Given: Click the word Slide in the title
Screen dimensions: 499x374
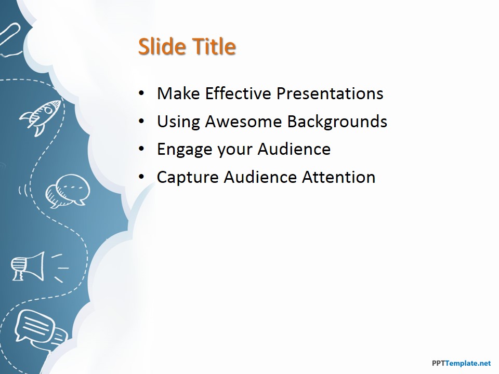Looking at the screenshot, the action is (162, 46).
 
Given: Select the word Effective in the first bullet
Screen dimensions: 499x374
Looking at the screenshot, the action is (239, 93).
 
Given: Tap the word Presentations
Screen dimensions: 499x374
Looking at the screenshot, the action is (330, 93).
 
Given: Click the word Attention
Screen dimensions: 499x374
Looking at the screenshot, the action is (338, 177).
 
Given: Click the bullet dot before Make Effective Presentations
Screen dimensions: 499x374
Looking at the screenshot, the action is (141, 94).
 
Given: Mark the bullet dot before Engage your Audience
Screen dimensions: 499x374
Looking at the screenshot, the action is (141, 149).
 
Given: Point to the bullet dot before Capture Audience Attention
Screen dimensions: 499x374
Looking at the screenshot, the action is (141, 177).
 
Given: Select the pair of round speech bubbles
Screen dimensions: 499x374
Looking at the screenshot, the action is (68, 191).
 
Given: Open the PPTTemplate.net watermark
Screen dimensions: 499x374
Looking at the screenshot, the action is (461, 363).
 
